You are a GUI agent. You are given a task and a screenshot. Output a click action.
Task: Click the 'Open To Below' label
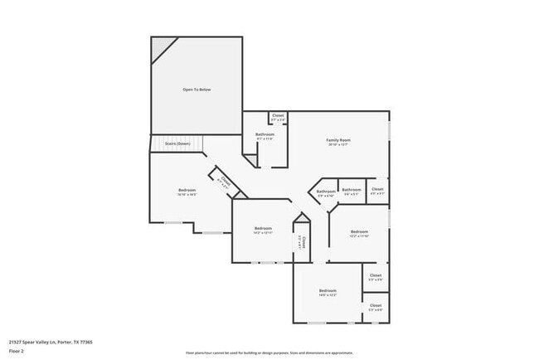[x=197, y=90]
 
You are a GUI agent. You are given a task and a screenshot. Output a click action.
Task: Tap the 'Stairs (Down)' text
[x=177, y=144]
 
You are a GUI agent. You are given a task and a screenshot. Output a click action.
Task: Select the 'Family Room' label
[x=337, y=142]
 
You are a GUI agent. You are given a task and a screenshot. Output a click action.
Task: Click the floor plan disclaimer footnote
[x=269, y=352]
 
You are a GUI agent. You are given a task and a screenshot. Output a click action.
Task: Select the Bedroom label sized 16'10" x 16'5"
[x=187, y=192]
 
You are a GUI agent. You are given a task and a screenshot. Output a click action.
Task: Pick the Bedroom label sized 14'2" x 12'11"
[x=263, y=230]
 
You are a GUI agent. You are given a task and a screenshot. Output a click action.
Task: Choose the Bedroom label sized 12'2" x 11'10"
[x=358, y=233]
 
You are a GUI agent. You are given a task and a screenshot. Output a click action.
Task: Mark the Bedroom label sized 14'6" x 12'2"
[x=328, y=292]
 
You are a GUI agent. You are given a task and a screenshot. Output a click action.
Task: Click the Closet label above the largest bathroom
[x=277, y=118]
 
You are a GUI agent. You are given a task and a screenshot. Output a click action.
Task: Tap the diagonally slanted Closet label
[x=223, y=181]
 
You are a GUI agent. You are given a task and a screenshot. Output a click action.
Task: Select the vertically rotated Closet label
[x=303, y=242]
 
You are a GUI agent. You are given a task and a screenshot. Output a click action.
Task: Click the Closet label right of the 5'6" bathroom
[x=376, y=191]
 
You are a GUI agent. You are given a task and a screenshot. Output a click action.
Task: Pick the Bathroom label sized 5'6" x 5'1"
[x=351, y=191]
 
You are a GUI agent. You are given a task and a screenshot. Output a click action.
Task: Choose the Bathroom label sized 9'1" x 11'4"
[x=265, y=136]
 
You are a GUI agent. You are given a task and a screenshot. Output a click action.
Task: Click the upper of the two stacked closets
[x=375, y=276]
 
